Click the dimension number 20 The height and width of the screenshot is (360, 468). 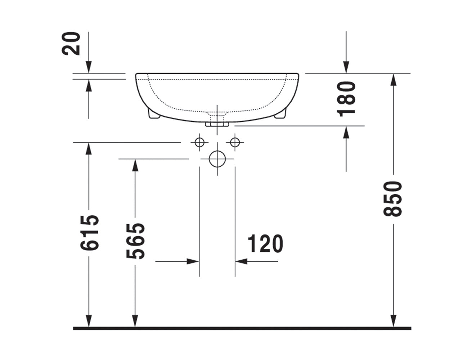click(x=71, y=43)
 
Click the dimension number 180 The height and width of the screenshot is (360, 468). click(x=347, y=99)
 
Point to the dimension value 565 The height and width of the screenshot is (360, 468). click(x=136, y=241)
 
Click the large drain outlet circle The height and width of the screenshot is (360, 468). click(x=217, y=159)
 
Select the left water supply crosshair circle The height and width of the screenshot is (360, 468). click(x=199, y=142)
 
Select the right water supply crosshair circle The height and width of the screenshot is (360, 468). click(x=235, y=142)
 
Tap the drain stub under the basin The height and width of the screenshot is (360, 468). click(x=217, y=124)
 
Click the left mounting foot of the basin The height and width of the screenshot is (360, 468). click(x=154, y=114)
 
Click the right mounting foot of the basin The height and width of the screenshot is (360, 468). click(x=280, y=115)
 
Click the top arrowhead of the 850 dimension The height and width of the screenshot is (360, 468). click(x=393, y=80)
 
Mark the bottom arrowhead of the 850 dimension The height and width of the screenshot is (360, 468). click(x=393, y=321)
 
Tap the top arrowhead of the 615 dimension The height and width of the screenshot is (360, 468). click(x=88, y=148)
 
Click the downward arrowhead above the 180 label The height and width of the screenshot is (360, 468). click(x=346, y=67)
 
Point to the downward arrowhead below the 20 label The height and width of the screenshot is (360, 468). click(x=88, y=67)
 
